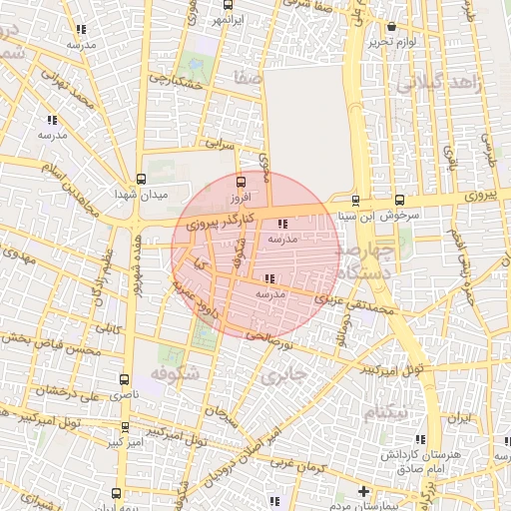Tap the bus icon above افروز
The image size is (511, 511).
pyautogui.click(x=240, y=182)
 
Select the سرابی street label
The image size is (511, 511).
pyautogui.click(x=220, y=145)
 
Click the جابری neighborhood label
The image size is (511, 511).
pyautogui.click(x=282, y=377)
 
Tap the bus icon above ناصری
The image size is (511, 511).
pyautogui.click(x=124, y=379)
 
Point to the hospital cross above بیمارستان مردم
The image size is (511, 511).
pyautogui.click(x=365, y=491)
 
